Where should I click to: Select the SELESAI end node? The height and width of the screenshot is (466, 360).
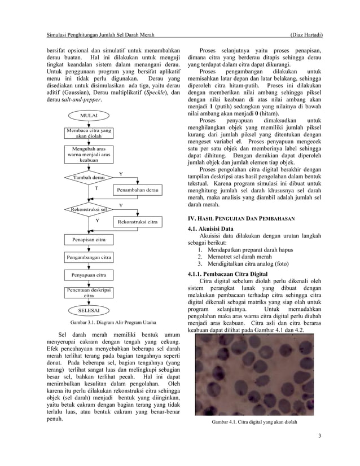[89, 310]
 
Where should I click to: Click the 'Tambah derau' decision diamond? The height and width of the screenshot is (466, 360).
[89, 177]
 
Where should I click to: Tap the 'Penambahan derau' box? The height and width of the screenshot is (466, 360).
[138, 191]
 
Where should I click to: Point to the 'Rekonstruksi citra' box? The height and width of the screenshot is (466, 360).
[138, 222]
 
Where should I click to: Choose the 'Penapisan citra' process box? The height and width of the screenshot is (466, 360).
[89, 240]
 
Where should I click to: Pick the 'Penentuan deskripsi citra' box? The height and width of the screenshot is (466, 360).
[89, 292]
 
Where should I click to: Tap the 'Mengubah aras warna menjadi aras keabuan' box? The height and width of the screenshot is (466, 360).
[89, 155]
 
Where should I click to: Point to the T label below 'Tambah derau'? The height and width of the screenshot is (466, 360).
[96, 188]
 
